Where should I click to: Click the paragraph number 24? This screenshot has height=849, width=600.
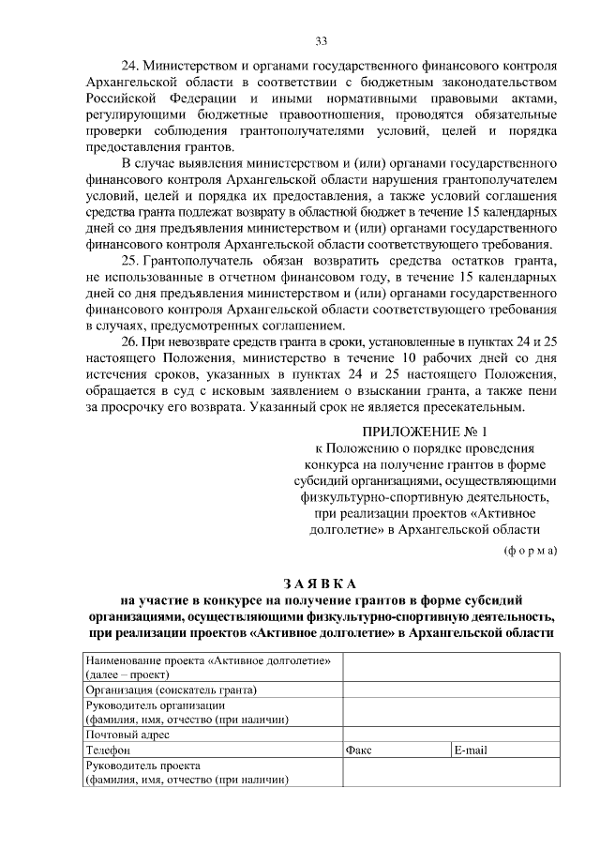point(130,68)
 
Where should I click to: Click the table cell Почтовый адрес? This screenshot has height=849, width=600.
point(127,735)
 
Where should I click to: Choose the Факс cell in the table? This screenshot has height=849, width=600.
point(359,750)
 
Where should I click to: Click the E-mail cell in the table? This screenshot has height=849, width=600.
point(470,750)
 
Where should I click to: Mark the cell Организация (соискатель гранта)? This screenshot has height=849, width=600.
point(171,690)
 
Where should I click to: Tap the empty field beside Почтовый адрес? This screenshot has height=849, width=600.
point(450,735)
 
